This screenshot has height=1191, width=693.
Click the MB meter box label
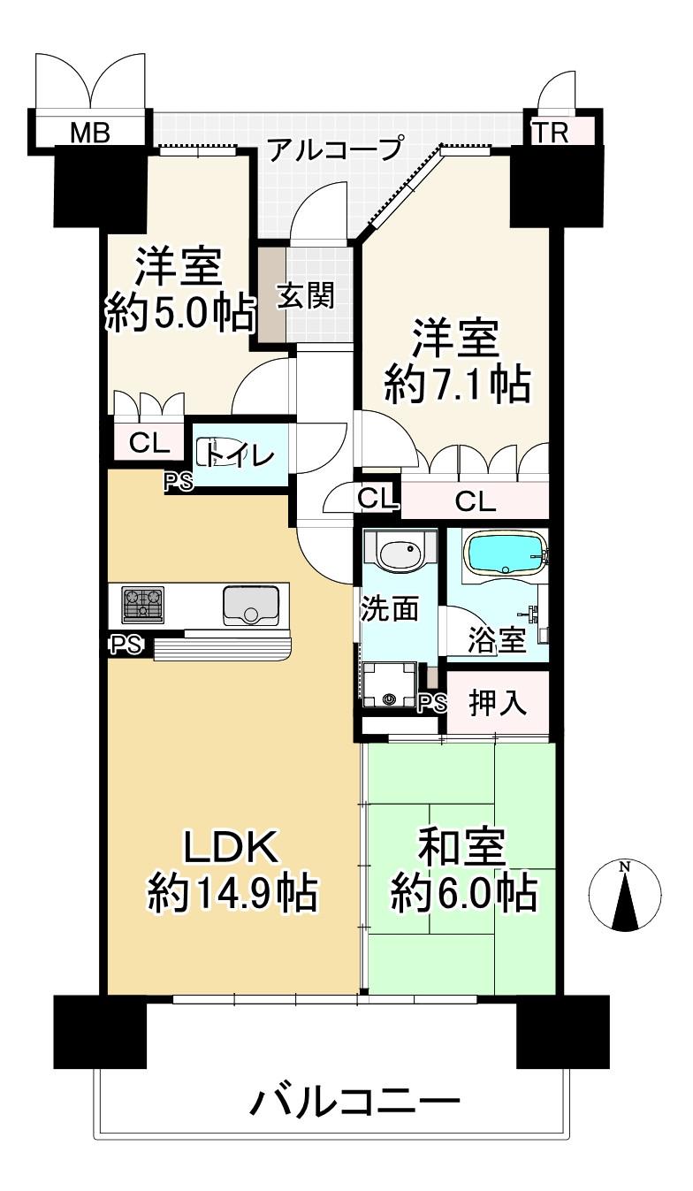tap(90, 132)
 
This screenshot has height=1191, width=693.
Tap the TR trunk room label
tap(551, 133)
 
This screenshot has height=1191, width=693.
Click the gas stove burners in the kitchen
tap(142, 604)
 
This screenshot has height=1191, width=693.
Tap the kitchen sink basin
tap(251, 606)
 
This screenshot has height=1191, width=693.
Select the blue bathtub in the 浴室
tap(506, 554)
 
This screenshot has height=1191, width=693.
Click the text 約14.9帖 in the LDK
tap(233, 893)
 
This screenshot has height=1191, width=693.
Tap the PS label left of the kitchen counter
tap(126, 645)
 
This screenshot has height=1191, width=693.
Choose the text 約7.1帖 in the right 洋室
tap(458, 385)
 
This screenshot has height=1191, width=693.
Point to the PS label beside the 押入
tap(433, 704)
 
